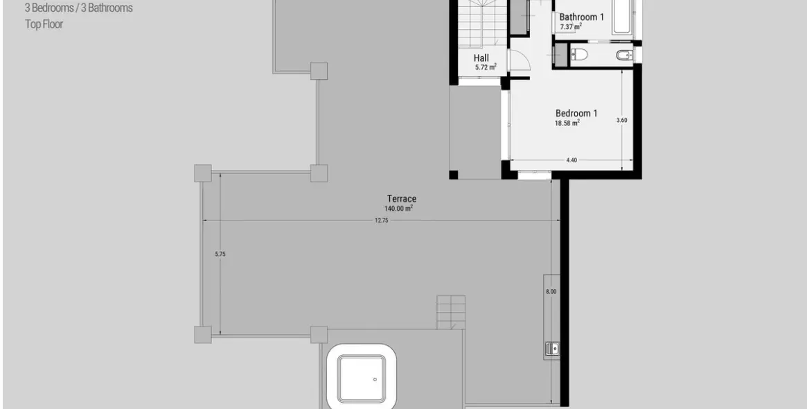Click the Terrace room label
point(402,199)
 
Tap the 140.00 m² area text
point(399,209)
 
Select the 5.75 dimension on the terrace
point(220,254)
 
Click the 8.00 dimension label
point(551,292)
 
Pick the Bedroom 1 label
point(576,113)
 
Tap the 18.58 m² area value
point(567,123)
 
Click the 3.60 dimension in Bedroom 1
point(621,120)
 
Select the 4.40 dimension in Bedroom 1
point(571,160)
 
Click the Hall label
point(481,58)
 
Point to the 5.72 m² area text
point(486,68)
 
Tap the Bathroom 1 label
point(582,17)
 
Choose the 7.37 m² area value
point(571,27)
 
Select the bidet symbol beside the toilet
point(623,55)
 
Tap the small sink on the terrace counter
point(552,347)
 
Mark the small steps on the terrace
point(451,312)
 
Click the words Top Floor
point(44,24)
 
